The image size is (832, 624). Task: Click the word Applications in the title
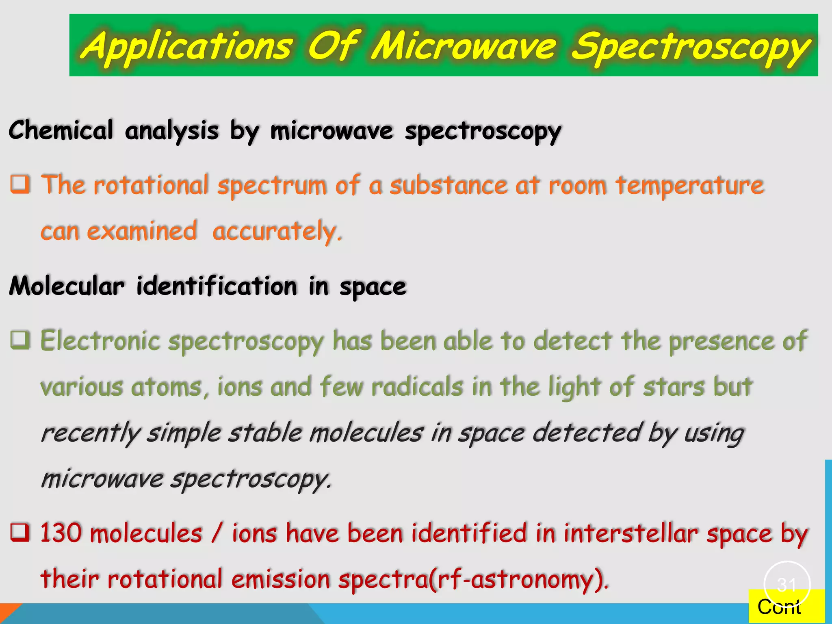point(187,45)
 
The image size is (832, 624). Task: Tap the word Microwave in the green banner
point(463,45)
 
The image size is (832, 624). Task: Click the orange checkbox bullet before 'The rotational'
point(20,184)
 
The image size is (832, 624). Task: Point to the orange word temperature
point(689,186)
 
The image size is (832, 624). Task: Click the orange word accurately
point(277,232)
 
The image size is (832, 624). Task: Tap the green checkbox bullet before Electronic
point(20,340)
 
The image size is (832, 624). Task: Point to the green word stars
point(674,386)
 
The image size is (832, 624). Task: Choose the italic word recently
point(90,433)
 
